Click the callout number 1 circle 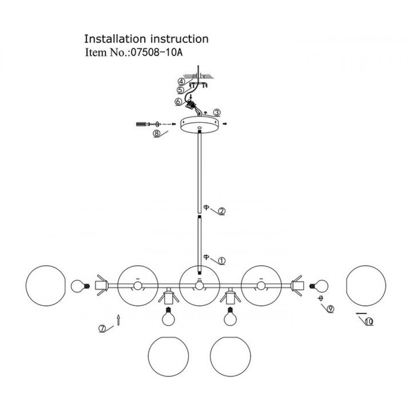222,261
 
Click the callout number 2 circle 222,211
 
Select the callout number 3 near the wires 217,112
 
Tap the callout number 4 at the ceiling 181,81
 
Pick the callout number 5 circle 180,90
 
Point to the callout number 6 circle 178,101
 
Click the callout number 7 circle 102,328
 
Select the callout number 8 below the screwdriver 157,133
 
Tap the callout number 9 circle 330,309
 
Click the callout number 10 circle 369,322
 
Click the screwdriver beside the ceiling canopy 143,124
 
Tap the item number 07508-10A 156,53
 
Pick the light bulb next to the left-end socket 81,286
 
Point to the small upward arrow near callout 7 119,320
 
